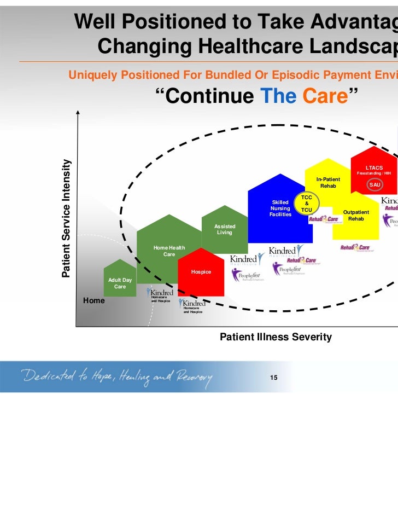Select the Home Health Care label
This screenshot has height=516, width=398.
tap(169, 251)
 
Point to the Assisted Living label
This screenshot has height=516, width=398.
tap(225, 229)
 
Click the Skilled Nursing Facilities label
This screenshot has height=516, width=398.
tap(280, 208)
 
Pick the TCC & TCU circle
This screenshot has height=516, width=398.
tap(307, 204)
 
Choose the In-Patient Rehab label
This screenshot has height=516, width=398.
tap(328, 183)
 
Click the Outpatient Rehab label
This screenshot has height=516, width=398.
tap(356, 216)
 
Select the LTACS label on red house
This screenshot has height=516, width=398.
tap(374, 167)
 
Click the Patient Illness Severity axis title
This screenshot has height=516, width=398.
tap(275, 337)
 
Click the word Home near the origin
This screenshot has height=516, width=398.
tap(94, 300)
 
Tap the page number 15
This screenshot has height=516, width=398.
tap(274, 377)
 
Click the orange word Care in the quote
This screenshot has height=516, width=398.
tap(325, 96)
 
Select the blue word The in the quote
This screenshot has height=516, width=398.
tap(277, 96)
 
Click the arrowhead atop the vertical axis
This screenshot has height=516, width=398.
tap(79, 113)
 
